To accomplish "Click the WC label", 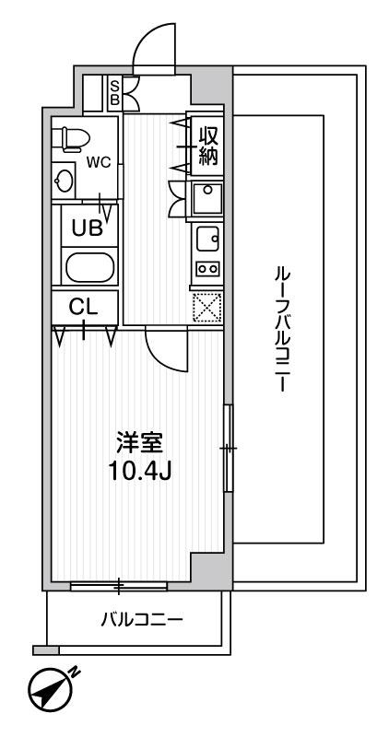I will point(99,162).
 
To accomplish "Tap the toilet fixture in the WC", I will point(72,138).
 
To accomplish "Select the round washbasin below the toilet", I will point(65,181).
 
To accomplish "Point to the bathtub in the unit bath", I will point(89,269).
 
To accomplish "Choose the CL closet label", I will point(83,306).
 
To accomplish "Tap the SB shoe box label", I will point(114,93).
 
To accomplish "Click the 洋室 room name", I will point(138,442).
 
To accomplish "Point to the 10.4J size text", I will point(138,472).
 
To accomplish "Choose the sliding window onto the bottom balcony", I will point(119,585).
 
